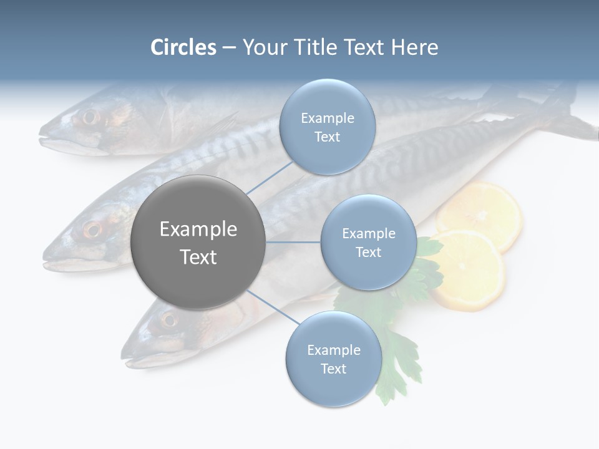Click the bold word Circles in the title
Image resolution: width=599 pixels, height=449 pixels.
(183, 47)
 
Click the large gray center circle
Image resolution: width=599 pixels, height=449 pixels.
(198, 242)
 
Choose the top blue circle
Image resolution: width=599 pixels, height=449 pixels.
(327, 127)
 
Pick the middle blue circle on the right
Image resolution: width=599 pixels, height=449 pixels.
(368, 242)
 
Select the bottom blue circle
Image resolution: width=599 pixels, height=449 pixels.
(333, 359)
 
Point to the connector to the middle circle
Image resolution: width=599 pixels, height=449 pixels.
(293, 242)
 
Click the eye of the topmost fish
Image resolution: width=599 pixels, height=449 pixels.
(90, 117)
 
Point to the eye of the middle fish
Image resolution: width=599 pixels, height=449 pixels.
(92, 229)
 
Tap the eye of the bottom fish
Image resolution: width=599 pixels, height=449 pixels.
(168, 320)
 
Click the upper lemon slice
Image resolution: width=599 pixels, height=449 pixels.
(480, 212)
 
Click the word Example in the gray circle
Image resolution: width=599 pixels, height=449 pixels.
(198, 229)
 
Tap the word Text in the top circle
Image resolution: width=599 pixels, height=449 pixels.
(327, 137)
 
